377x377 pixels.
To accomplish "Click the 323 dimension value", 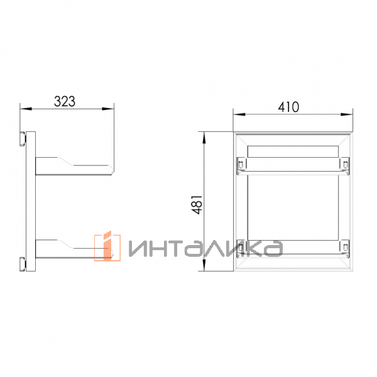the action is point(65,101).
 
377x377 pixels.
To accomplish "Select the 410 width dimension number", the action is point(288,107).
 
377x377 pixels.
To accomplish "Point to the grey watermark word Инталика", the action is point(206,248).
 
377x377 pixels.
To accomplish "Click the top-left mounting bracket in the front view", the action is point(241,165).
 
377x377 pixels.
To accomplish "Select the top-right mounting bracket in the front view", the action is point(344,165).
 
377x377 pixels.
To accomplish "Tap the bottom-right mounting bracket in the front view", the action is point(344,248).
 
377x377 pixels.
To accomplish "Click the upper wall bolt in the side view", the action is point(23,139).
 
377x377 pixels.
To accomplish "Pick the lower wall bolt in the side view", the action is point(23,265).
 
